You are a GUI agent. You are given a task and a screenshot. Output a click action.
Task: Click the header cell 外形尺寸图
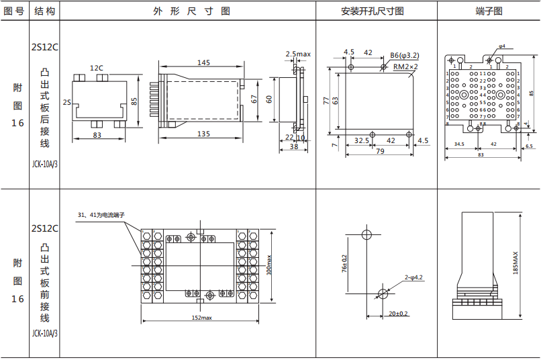click(192, 11)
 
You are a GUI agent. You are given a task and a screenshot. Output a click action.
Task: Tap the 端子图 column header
click(489, 11)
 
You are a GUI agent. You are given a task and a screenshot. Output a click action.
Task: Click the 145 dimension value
click(203, 62)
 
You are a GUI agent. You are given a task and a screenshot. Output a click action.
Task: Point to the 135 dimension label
click(203, 134)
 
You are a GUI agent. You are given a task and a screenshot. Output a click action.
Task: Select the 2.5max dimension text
click(298, 54)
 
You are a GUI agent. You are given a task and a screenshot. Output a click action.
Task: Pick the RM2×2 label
click(405, 66)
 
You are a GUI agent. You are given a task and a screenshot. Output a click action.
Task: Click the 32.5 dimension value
click(362, 140)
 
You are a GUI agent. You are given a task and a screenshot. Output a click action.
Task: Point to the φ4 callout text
click(502, 46)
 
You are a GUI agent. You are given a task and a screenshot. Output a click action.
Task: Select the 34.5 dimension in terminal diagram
click(459, 144)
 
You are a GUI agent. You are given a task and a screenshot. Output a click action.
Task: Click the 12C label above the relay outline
click(97, 67)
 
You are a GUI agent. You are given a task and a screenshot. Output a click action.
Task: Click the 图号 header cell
click(14, 11)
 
